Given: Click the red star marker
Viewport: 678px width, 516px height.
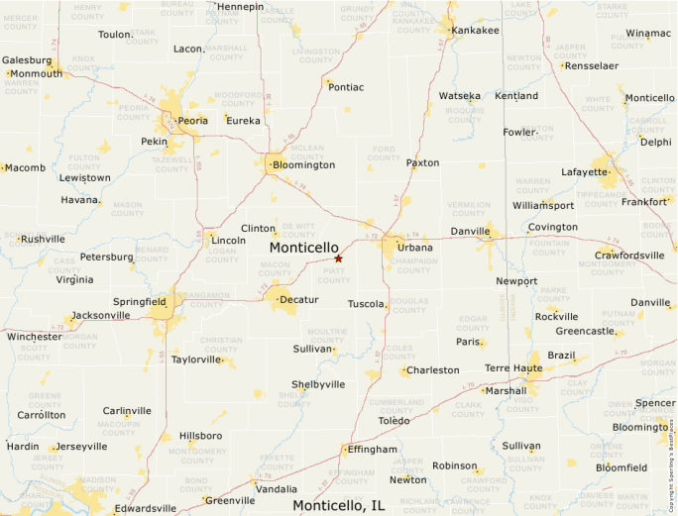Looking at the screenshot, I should [338, 258].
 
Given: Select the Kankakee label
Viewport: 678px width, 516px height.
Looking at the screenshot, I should [475, 31].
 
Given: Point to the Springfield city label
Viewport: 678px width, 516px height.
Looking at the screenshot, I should [140, 300].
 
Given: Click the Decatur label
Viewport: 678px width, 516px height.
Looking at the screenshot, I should [298, 299].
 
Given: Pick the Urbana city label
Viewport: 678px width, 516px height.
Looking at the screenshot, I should [414, 247].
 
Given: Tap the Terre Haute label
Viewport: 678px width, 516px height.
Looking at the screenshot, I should [511, 367].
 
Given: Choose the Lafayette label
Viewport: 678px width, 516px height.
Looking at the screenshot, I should [584, 172].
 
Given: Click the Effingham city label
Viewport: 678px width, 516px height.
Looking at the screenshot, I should [372, 450].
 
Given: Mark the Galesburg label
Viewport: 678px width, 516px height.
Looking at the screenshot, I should [26, 60].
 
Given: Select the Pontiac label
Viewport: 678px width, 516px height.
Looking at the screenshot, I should [346, 87].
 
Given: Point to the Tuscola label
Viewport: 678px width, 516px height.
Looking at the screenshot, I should [366, 304].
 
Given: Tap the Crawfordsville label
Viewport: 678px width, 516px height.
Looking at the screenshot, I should [629, 256].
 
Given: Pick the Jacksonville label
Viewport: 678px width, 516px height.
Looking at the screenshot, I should [101, 316].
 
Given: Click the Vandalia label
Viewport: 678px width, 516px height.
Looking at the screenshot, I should [276, 489].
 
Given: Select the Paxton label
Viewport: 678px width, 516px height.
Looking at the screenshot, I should [422, 162].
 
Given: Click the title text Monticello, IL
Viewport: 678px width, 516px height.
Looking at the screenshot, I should [338, 505].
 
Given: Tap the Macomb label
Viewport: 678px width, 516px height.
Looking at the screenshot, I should [25, 167].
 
